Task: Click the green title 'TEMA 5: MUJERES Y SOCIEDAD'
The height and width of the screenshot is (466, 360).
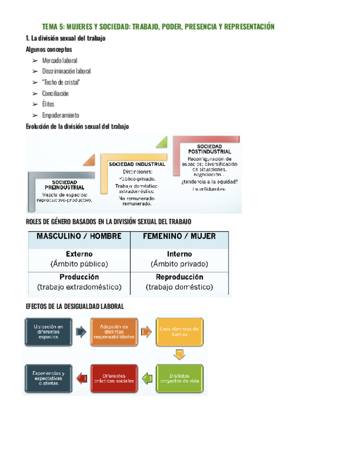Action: point(158,27)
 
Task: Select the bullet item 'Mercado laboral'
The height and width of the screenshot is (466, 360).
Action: point(59,60)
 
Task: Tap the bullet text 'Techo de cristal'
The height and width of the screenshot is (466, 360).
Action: point(61,82)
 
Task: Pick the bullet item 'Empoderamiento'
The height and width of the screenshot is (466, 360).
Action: point(60,115)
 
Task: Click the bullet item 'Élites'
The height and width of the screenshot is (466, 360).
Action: point(48,104)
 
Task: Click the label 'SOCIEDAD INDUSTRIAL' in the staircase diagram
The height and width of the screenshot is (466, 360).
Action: point(137,164)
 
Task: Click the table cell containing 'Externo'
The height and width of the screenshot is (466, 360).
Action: point(79,258)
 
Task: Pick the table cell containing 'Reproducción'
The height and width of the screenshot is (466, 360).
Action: point(179,282)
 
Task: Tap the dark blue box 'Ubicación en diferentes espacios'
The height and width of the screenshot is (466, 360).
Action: point(48,332)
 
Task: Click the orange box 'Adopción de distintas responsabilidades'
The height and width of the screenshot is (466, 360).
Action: point(114,332)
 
